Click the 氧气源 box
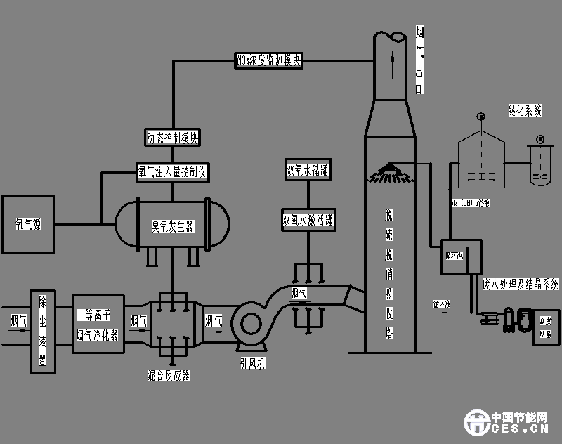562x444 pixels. [28, 224]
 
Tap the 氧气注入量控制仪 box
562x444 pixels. [173, 171]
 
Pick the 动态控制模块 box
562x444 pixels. [172, 138]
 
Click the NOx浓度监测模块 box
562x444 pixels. [269, 61]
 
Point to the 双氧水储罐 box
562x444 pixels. [308, 170]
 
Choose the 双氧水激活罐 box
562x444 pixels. [307, 219]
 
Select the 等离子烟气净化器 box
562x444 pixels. [98, 325]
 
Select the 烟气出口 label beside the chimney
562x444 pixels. [419, 60]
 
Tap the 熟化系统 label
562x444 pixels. [525, 110]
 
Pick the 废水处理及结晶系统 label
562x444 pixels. [521, 285]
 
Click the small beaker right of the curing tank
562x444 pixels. [539, 167]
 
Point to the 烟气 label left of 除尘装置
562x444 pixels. [18, 321]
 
